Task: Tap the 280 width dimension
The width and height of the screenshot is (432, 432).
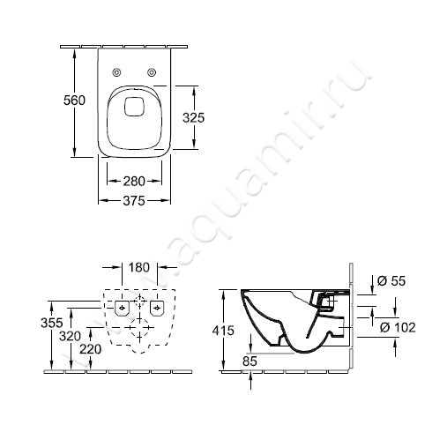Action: [133, 182]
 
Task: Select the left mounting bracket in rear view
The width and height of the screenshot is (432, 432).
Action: [120, 308]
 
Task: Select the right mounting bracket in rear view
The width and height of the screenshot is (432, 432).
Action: [156, 308]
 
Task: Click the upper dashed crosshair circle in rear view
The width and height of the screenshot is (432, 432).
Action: [138, 302]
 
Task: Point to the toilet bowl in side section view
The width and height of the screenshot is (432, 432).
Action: [282, 322]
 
